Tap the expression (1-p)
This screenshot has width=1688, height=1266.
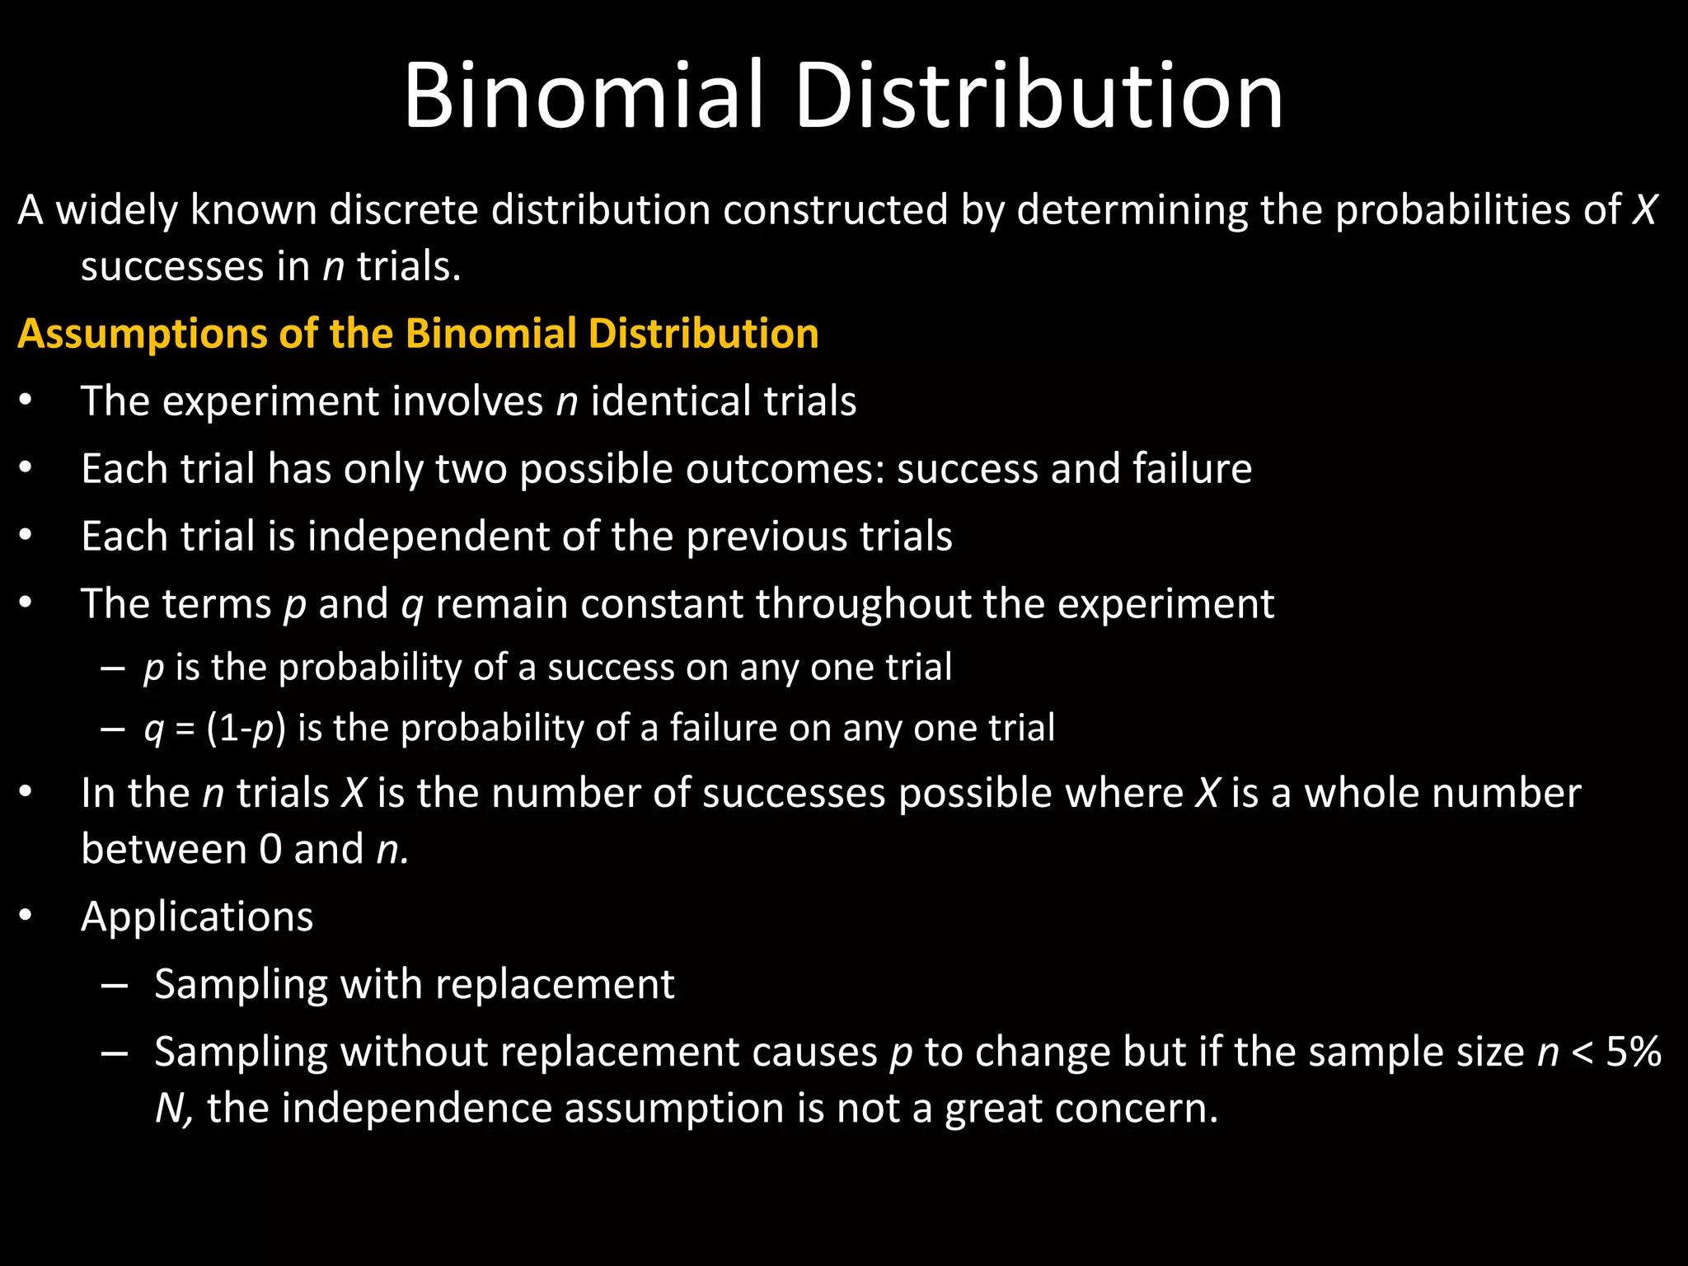(x=246, y=729)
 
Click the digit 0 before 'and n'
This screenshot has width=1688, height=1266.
(x=270, y=850)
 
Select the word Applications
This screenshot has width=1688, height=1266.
(x=197, y=917)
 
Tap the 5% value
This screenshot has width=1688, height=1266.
(x=1633, y=1052)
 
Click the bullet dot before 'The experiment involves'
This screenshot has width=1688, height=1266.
(x=26, y=401)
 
